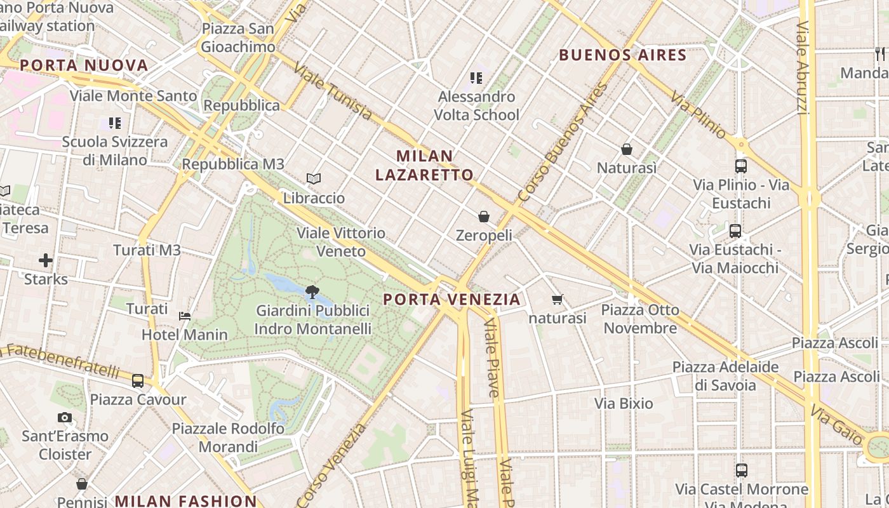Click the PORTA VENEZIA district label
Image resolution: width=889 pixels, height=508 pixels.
point(451,299)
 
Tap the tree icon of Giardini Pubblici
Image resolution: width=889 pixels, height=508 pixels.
point(312,293)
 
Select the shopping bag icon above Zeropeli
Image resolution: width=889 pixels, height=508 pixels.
point(484,217)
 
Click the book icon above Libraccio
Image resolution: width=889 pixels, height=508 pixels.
point(314,179)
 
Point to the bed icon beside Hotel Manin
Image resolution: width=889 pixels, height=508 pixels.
point(185,316)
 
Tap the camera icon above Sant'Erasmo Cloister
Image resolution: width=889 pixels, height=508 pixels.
point(65,418)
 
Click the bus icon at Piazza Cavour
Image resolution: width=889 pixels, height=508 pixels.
point(138,381)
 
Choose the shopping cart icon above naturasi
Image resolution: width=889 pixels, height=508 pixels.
point(558,299)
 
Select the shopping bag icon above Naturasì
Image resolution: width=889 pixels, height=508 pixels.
point(627,149)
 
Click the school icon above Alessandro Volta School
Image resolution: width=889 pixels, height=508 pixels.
point(476,78)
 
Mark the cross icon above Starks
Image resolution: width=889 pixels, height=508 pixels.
point(46,260)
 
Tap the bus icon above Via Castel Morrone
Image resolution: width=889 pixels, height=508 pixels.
point(742,471)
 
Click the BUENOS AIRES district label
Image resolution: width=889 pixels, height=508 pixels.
point(623,55)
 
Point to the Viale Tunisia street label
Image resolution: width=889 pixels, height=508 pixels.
point(333,93)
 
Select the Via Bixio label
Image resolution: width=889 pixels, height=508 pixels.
point(624,403)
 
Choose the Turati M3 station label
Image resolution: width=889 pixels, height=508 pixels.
point(147,250)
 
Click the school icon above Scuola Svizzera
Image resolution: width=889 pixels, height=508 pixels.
point(115,123)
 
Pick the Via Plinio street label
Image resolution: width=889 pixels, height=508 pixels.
point(699,115)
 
